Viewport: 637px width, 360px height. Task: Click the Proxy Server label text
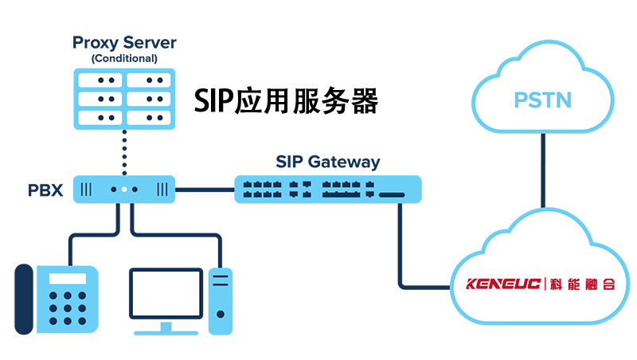pos(123,41)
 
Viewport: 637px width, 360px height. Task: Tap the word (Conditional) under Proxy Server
pos(123,58)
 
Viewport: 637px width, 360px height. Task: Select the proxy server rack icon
pos(123,99)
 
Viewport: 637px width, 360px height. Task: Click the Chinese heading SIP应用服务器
pos(286,101)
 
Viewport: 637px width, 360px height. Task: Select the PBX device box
pos(123,190)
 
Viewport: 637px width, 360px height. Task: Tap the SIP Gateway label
pos(327,162)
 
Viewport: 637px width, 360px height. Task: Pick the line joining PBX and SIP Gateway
pos(204,190)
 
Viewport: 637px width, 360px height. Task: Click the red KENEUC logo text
pos(503,284)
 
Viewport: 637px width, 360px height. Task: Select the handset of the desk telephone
pos(25,299)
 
